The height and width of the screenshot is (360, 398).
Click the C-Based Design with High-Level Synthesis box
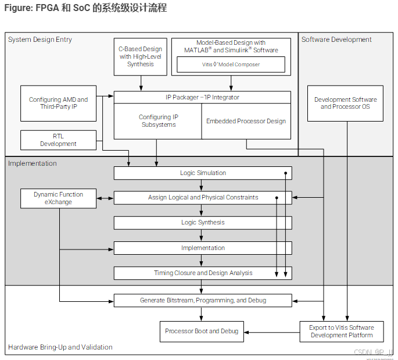tap(141, 57)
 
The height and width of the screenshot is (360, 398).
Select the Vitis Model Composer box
tap(231, 65)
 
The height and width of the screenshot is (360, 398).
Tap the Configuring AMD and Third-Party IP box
tap(58, 104)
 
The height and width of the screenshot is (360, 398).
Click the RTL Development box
tap(58, 140)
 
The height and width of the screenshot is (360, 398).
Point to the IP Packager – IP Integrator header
tap(202, 97)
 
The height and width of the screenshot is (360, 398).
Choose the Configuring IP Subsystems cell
tap(158, 121)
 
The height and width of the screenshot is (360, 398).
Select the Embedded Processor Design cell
tap(246, 121)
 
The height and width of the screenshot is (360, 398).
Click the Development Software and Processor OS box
tap(345, 104)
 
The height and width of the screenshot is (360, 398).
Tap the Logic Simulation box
tap(203, 173)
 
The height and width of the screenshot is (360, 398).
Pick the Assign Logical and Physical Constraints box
tap(203, 198)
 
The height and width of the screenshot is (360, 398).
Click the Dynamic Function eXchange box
tap(58, 198)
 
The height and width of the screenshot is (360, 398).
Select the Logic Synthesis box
tap(203, 223)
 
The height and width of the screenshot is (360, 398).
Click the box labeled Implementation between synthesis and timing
tap(203, 248)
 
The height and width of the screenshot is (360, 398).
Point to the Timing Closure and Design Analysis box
tap(203, 273)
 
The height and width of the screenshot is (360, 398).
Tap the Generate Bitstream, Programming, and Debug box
tap(203, 301)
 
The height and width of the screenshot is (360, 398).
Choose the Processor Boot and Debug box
tap(202, 332)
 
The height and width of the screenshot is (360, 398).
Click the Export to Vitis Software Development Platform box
tap(341, 332)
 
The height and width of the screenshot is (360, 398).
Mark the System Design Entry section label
tap(40, 40)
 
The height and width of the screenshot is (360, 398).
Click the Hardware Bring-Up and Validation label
tap(60, 347)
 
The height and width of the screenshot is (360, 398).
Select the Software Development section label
tap(336, 40)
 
